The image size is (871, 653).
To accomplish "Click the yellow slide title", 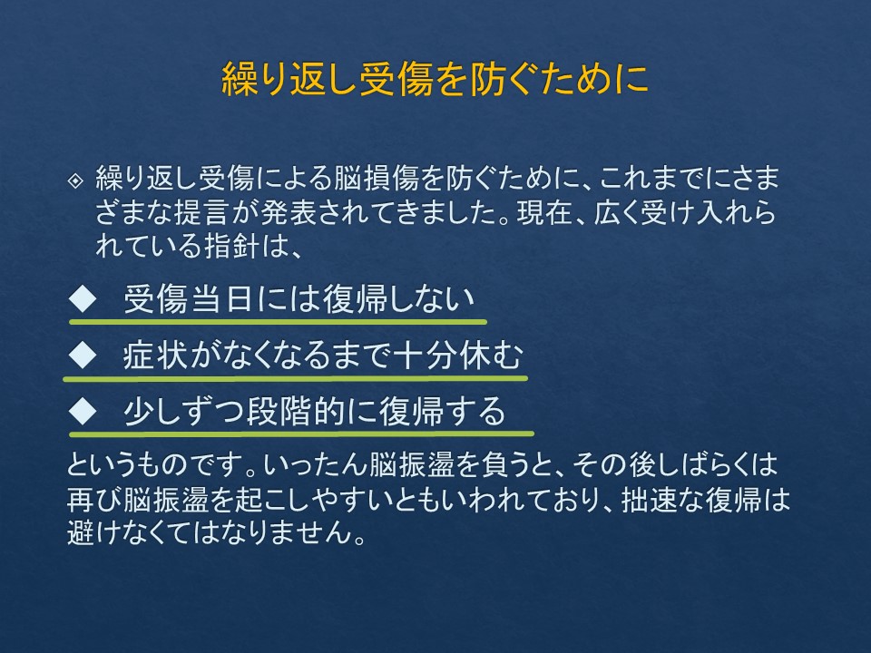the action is [435, 80].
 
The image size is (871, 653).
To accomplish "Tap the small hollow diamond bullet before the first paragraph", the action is [75, 180].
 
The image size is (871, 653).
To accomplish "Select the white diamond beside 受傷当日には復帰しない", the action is [83, 298].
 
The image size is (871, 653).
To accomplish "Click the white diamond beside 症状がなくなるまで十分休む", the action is [83, 356].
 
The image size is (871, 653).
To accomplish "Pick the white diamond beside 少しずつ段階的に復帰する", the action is [83, 411].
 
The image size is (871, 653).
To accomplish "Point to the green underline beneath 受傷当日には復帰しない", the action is [278, 321].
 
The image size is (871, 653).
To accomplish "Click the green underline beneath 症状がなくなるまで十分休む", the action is [296, 379].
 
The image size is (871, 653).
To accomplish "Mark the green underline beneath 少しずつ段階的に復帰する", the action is [301, 434].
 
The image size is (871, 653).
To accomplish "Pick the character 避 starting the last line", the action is [81, 532].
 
